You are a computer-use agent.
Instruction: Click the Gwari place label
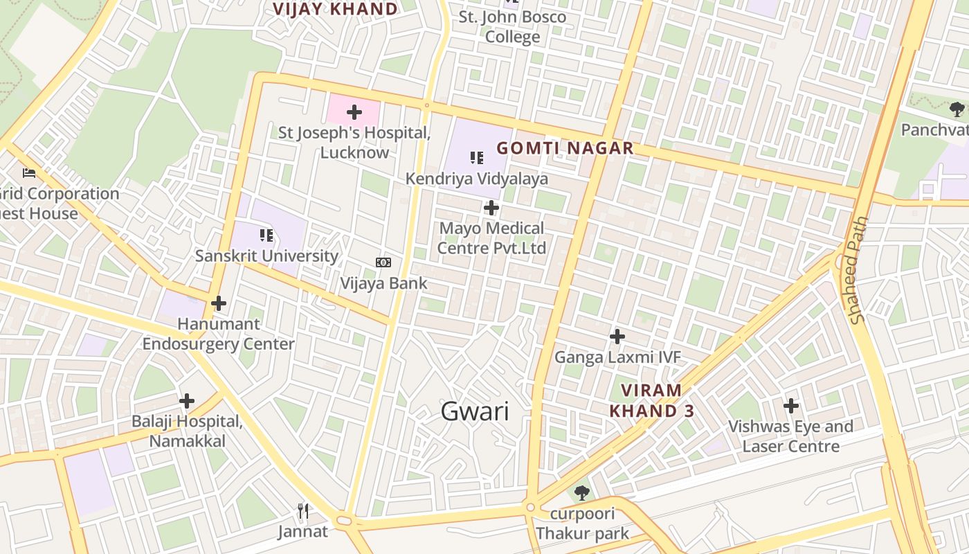point(475,411)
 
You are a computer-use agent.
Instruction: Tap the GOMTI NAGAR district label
point(565,148)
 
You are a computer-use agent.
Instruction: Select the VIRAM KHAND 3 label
point(651,400)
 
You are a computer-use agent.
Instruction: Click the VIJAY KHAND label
point(335,9)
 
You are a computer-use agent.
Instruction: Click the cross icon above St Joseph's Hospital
point(354,111)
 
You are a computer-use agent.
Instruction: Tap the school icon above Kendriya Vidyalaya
point(477,158)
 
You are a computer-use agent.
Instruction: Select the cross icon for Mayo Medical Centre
point(491,207)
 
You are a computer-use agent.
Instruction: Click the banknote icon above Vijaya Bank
point(383,262)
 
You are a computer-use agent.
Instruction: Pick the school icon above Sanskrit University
point(266,235)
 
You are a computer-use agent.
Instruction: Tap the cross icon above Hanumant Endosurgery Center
point(219,303)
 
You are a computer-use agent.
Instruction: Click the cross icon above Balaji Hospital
point(187,401)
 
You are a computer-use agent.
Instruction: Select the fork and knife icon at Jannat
point(302,511)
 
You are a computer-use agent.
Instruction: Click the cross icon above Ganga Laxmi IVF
point(617,337)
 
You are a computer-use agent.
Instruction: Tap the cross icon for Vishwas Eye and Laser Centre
point(791,406)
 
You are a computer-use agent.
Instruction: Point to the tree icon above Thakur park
point(582,493)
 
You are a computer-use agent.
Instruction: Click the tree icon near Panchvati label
point(957,109)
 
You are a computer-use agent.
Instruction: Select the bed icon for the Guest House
point(29,172)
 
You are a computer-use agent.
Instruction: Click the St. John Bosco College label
point(512,26)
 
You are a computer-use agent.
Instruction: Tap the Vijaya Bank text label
point(383,283)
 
